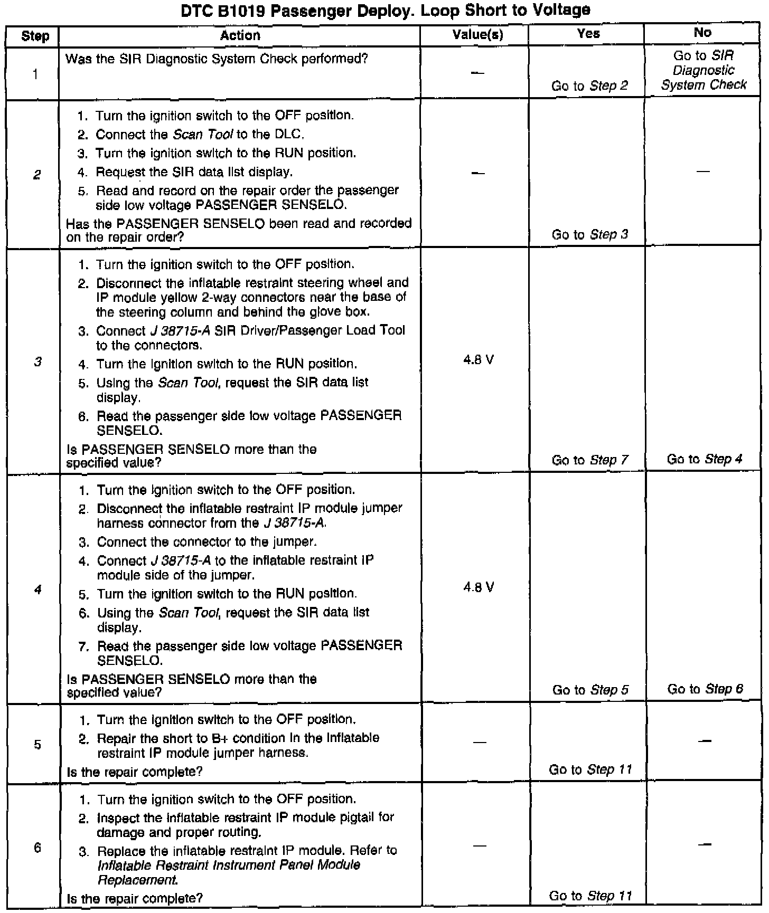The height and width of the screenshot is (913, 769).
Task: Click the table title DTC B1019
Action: coord(385,10)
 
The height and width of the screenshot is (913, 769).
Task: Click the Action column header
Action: coord(240,35)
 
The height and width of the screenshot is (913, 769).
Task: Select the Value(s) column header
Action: coord(478,35)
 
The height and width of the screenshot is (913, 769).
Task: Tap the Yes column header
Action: coord(588,34)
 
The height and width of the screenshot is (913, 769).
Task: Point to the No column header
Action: coord(702,33)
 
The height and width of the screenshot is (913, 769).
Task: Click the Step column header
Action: coord(35,36)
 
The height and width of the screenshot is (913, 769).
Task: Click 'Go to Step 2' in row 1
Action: coord(589,85)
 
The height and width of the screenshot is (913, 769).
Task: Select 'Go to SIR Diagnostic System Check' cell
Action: coord(704,70)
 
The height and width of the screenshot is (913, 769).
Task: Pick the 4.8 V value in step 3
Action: coord(479,360)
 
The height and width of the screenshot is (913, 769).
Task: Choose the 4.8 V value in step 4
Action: coord(479,587)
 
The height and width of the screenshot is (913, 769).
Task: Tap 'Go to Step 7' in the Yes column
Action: coord(589,460)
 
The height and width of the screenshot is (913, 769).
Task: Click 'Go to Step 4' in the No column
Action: coord(705,459)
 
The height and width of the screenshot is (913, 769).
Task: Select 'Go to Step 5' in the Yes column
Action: coord(590,690)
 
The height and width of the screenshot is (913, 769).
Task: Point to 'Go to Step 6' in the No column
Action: coord(705,689)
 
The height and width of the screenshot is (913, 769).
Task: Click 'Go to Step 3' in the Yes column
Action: coord(589,234)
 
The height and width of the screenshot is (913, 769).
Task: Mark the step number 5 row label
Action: coord(37,745)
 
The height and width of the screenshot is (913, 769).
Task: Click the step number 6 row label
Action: coord(37,848)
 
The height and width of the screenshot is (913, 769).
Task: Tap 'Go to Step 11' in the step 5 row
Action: coord(590,769)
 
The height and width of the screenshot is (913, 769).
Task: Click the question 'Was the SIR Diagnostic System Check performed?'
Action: coord(217,59)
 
